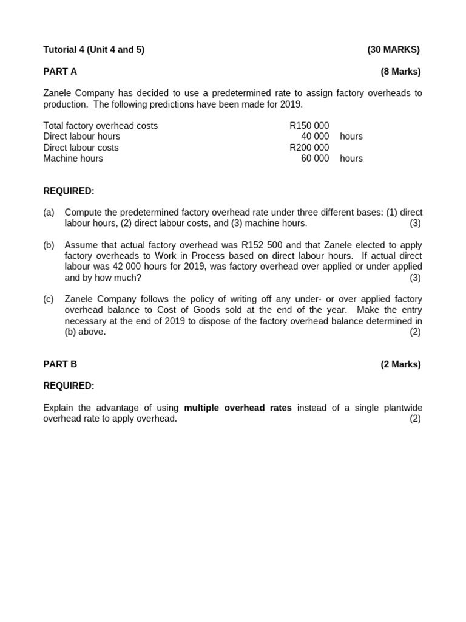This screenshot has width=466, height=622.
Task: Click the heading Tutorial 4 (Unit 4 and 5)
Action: (93, 50)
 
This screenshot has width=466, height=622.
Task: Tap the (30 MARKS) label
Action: (393, 50)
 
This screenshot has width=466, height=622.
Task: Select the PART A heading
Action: (60, 72)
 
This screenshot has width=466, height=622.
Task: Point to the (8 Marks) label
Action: (400, 72)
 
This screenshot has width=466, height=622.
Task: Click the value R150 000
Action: (309, 126)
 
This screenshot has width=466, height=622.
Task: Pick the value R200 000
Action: (309, 148)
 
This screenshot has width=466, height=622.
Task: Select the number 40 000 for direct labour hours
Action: (315, 137)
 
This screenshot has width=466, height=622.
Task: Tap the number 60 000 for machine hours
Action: (315, 159)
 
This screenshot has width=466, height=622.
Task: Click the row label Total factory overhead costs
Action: (100, 126)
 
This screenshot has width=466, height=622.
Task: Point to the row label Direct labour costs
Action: (81, 148)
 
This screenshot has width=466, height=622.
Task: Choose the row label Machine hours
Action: (73, 159)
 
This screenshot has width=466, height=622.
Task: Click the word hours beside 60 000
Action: (351, 159)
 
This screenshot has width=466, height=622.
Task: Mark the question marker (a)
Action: (49, 213)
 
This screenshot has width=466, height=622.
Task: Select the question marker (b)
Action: (49, 245)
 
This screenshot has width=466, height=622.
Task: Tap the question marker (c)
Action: (49, 299)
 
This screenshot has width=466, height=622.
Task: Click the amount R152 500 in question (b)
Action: (262, 245)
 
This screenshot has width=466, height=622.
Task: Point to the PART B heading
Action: (60, 364)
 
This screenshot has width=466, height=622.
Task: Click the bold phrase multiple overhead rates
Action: (238, 408)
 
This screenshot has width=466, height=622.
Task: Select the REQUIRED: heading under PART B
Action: (69, 386)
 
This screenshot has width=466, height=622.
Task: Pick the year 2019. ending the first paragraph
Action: (292, 104)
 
